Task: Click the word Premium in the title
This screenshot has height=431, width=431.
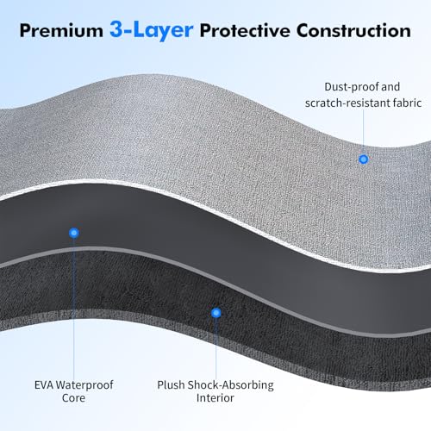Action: point(61,30)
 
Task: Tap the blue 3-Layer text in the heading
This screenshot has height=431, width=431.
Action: point(152,30)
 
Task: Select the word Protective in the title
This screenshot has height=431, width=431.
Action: point(245,30)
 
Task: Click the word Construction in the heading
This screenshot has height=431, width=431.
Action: point(353,30)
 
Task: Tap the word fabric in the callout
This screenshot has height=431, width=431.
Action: point(407,103)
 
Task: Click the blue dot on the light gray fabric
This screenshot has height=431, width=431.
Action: point(364,159)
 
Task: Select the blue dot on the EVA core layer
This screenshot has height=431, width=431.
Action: point(74,233)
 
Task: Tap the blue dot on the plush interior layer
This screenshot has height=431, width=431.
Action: point(216,313)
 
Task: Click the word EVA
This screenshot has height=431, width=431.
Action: point(44,385)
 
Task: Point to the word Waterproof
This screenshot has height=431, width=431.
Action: point(84,385)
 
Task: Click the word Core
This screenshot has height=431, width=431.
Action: point(73,398)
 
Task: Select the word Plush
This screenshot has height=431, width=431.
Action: point(171,385)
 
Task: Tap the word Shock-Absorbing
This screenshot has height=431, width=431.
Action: point(231,385)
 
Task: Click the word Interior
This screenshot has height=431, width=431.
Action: point(215,398)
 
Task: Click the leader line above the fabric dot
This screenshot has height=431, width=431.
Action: point(364,132)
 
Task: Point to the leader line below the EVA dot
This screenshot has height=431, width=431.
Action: point(74,309)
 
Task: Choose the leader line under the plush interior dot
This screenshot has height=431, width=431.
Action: point(216,348)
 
